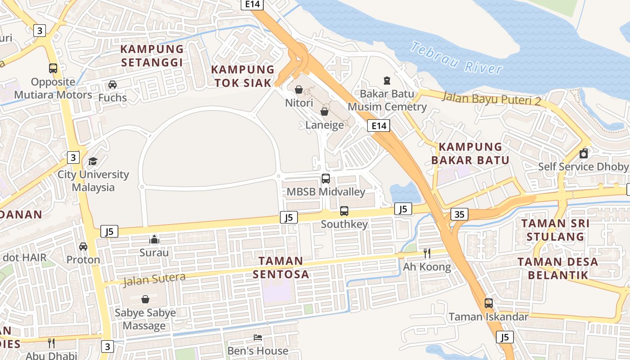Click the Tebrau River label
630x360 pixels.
point(456,58)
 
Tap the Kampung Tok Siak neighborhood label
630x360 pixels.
point(243,76)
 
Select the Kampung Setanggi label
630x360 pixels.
point(152,55)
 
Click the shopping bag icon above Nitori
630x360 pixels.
point(298,90)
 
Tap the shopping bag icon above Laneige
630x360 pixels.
point(324,112)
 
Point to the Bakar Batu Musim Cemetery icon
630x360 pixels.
point(387,81)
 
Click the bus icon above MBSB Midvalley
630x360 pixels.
point(326,179)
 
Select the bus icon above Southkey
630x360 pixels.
point(344,211)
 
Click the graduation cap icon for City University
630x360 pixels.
point(93,161)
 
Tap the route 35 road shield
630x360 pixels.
point(459,214)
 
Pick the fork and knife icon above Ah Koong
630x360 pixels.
point(427,253)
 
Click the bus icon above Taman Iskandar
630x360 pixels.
point(489,303)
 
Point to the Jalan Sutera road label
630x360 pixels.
point(154,280)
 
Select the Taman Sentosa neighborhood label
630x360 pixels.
point(281,267)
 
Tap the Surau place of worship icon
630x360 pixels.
point(154,239)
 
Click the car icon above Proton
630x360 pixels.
point(83,247)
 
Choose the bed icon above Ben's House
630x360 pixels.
point(258,337)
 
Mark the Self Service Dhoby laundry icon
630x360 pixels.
point(584,153)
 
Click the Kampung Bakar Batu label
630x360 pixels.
point(470,153)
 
